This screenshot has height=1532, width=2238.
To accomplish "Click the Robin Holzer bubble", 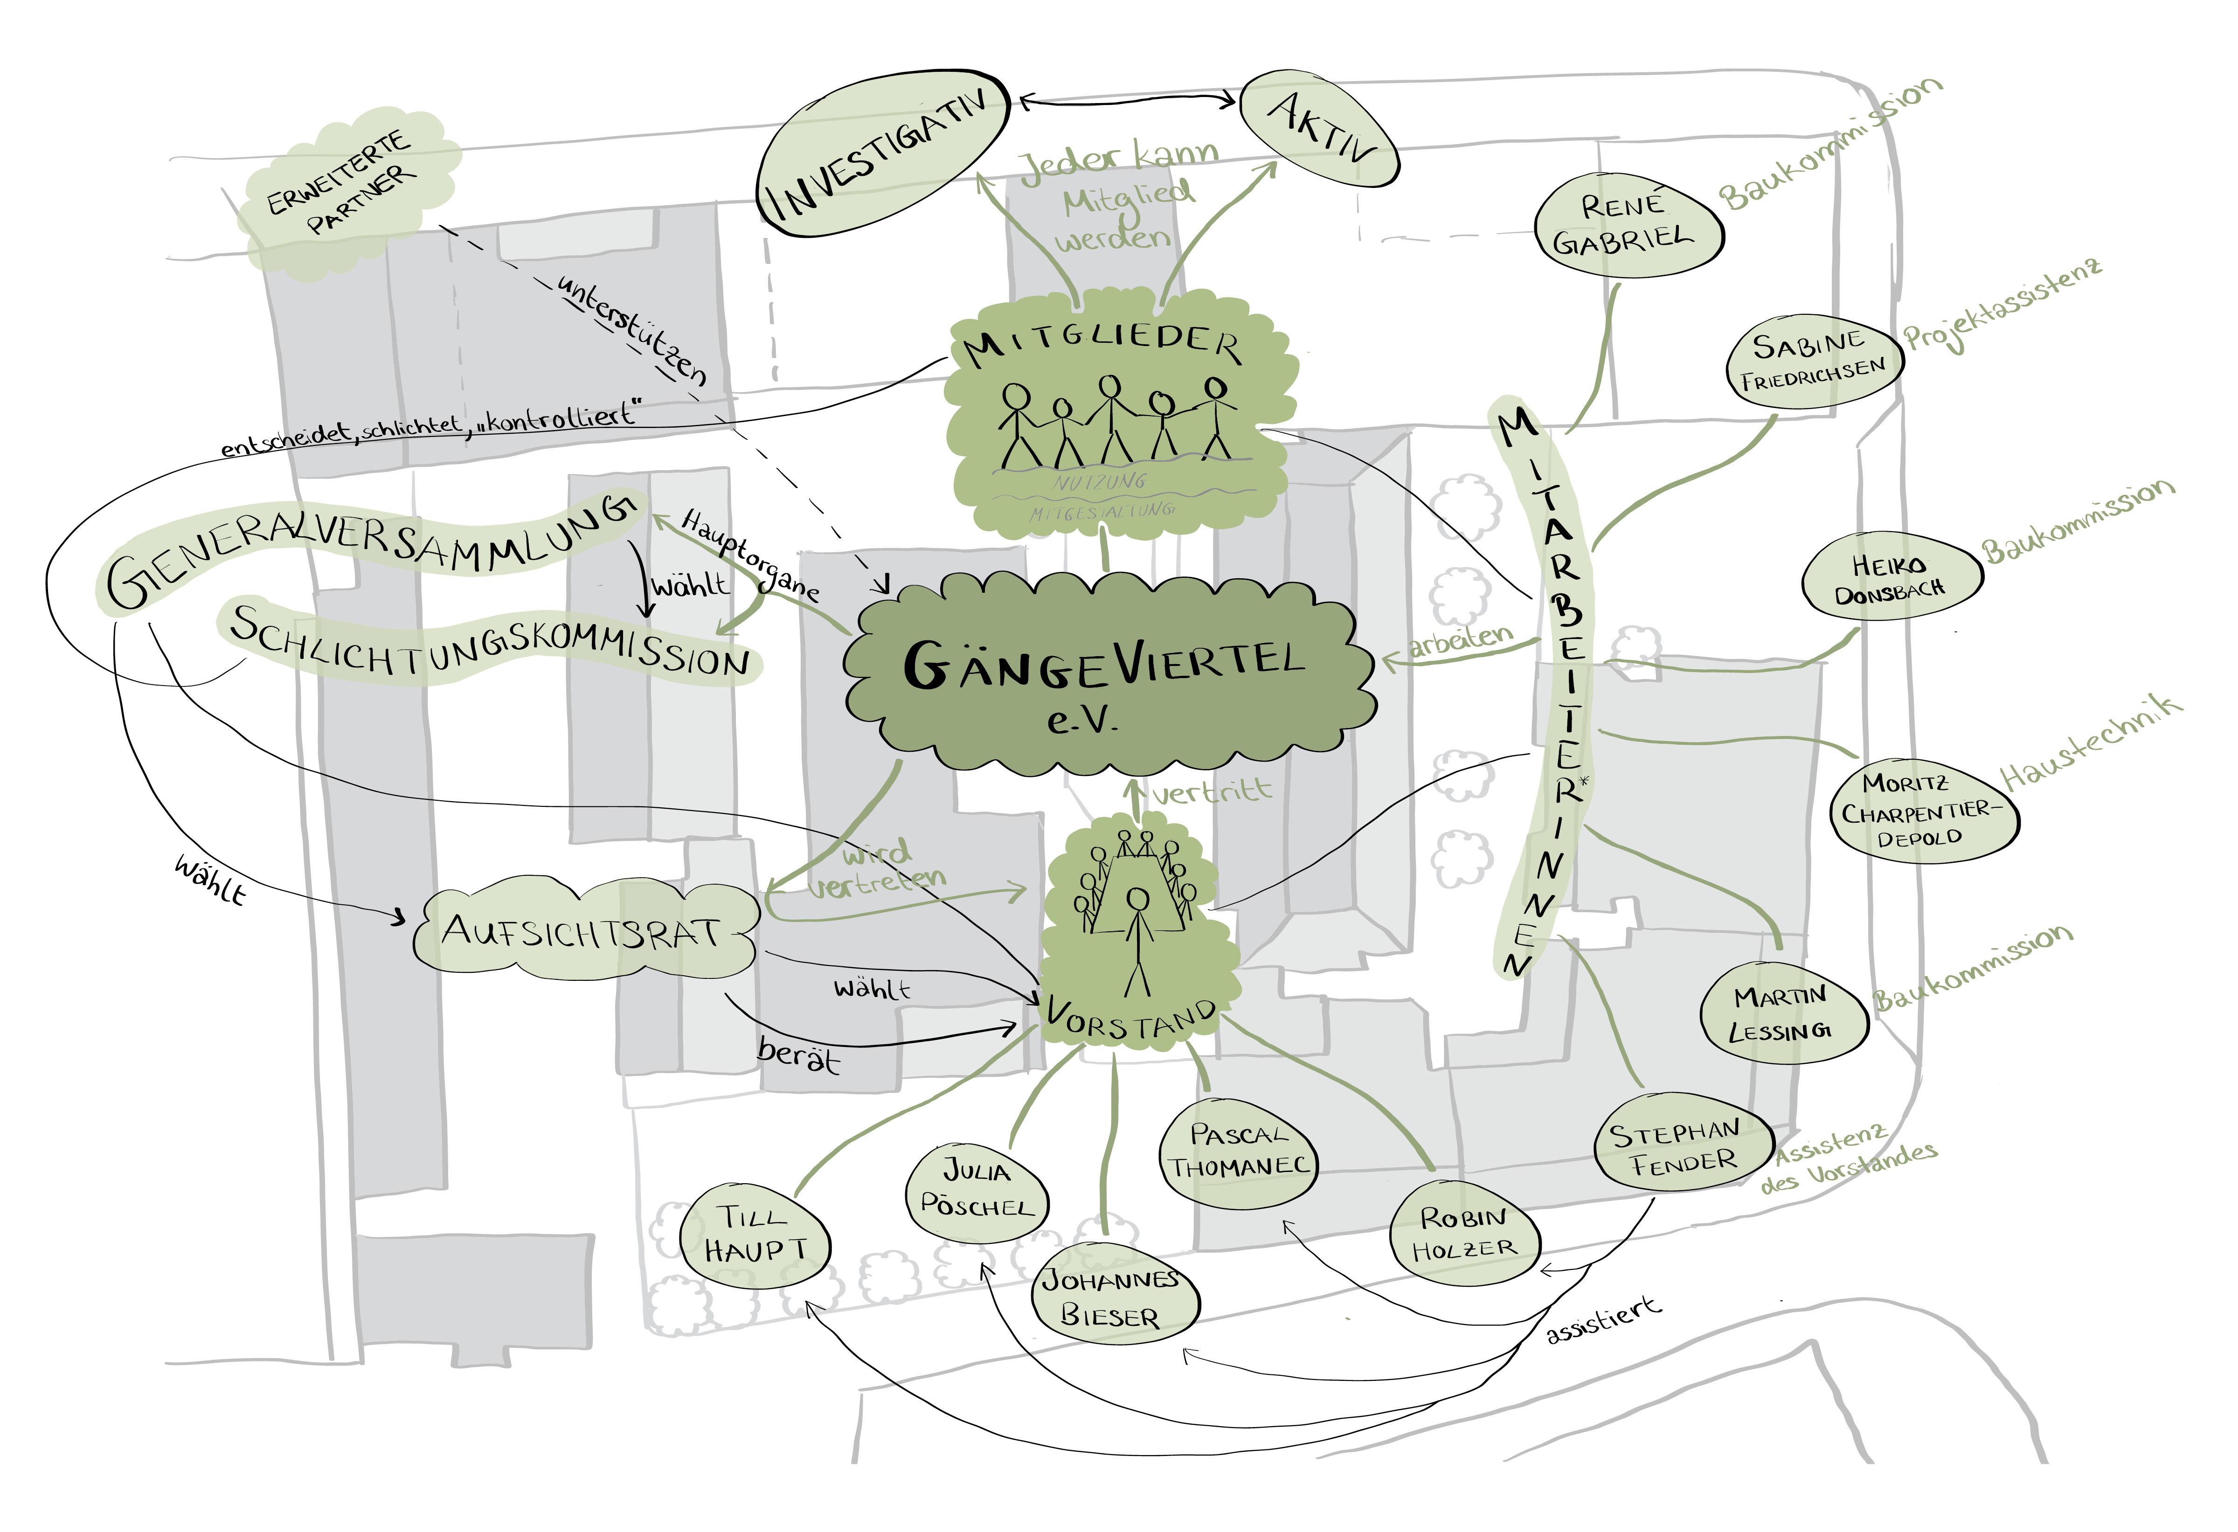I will point(1464,1233).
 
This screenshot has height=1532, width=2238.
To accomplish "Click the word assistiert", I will point(1603,1321).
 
